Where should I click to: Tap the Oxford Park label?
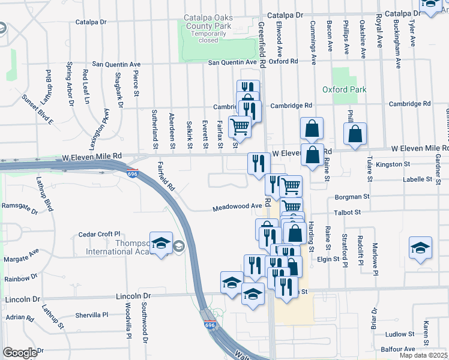coord(344,89)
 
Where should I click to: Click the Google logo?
coord(20,352)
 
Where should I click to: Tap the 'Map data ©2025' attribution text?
coord(423,355)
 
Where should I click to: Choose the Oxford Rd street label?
coord(283,61)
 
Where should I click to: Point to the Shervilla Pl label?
coord(91,314)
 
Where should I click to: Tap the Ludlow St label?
coord(400,334)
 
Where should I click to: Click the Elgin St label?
coord(328,259)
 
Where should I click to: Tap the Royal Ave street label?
coord(379,32)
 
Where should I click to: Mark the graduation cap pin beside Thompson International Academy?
coord(161,243)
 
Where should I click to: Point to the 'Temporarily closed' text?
coord(208,37)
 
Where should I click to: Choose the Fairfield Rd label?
coord(166,176)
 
